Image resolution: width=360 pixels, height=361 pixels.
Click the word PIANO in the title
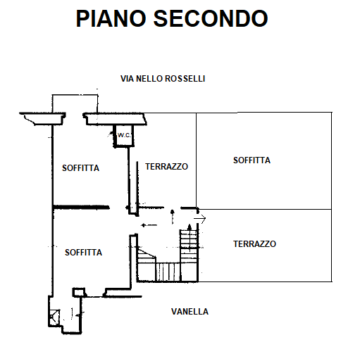(111, 18)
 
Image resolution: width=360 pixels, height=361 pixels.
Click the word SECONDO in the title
(211, 18)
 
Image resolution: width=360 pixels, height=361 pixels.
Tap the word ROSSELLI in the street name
(185, 79)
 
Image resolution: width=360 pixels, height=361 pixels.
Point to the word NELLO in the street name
(149, 79)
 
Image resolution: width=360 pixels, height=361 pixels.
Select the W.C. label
(124, 135)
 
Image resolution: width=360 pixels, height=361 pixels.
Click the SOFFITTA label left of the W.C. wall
(80, 168)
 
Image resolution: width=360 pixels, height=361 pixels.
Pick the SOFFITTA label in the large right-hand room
(252, 160)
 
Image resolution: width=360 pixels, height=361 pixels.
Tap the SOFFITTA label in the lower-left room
(83, 253)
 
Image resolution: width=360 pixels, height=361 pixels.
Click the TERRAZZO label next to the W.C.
(166, 167)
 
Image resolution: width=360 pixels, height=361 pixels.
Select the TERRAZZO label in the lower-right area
(254, 244)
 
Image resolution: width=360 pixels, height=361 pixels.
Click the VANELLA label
(190, 312)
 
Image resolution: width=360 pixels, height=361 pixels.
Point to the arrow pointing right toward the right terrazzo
(200, 219)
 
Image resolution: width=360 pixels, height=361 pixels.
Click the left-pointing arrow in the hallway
(149, 225)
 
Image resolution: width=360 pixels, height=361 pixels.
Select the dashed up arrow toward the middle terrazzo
(173, 217)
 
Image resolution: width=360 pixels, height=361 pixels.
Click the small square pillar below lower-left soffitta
(78, 292)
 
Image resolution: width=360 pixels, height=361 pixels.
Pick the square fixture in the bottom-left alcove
(54, 317)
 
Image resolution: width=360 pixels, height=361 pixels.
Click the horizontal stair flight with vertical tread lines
(168, 272)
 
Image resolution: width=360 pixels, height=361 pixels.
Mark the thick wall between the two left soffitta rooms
(81, 208)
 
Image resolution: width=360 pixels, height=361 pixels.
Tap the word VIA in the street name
(128, 79)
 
